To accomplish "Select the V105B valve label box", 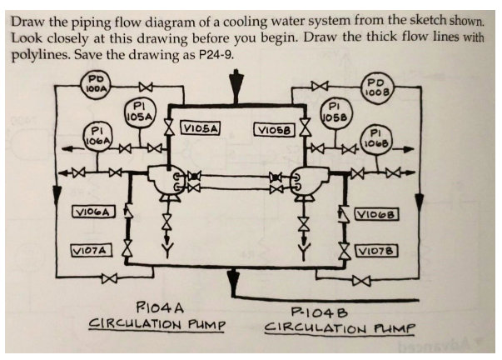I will coord(274,130).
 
